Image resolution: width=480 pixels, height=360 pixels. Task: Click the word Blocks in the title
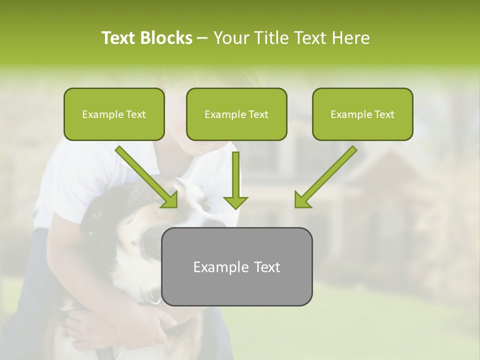tap(167, 38)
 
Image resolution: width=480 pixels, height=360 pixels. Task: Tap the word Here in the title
tap(349, 38)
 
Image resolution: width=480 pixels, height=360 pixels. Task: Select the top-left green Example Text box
tap(114, 114)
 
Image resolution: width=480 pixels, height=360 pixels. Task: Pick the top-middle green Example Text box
tap(236, 114)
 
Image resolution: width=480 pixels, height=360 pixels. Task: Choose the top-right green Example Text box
tap(362, 114)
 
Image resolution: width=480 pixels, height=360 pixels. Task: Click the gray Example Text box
tap(236, 266)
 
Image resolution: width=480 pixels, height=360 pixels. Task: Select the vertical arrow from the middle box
tap(235, 177)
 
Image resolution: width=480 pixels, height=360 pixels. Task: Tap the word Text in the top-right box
tap(384, 114)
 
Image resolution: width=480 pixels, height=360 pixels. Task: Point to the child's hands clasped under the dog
tap(150, 325)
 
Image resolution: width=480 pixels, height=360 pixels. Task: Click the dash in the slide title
tap(202, 38)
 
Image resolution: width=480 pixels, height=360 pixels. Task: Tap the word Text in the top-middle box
tap(258, 114)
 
